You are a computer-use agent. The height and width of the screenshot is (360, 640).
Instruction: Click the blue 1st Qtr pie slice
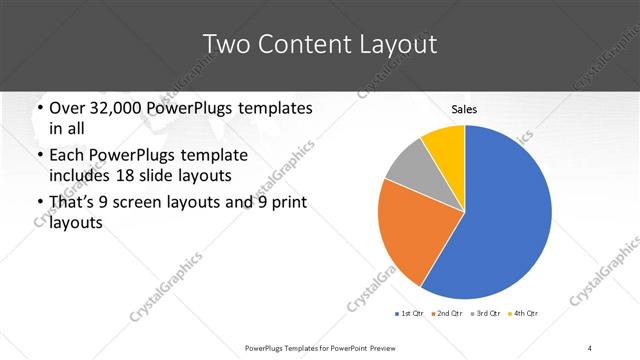pos(500,220)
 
